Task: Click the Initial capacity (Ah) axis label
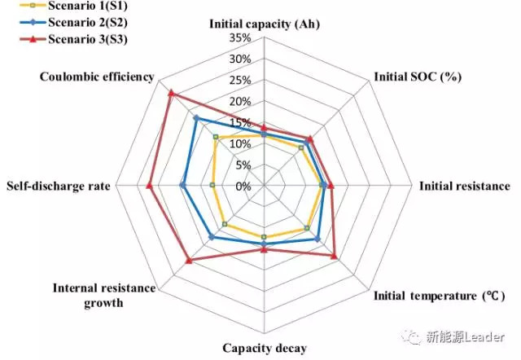pyautogui.click(x=264, y=24)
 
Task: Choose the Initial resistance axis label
pyautogui.click(x=464, y=186)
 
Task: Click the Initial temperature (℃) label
pyautogui.click(x=439, y=295)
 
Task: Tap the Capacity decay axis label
pyautogui.click(x=265, y=349)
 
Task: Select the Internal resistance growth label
pyautogui.click(x=88, y=296)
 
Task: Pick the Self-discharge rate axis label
pyautogui.click(x=58, y=187)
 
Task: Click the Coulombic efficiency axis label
pyautogui.click(x=97, y=77)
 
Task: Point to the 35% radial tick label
pyautogui.click(x=240, y=38)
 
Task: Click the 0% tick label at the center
pyautogui.click(x=243, y=187)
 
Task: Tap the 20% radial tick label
pyautogui.click(x=240, y=102)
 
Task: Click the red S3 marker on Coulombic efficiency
pyautogui.click(x=171, y=93)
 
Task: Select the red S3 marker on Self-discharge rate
pyautogui.click(x=150, y=186)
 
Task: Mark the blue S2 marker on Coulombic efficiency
pyautogui.click(x=195, y=118)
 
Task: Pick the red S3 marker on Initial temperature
pyautogui.click(x=334, y=256)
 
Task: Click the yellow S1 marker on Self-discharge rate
pyautogui.click(x=212, y=186)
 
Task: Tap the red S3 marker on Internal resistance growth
pyautogui.click(x=189, y=261)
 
